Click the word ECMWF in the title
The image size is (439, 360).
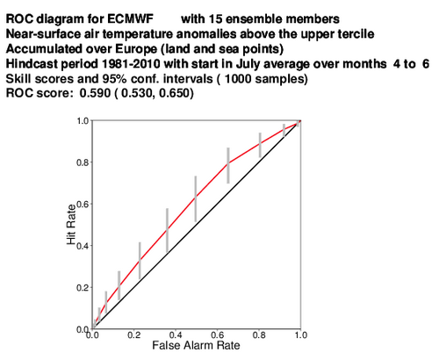coord(130,19)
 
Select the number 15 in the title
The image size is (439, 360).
coord(215,19)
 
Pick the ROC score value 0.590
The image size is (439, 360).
coord(95,93)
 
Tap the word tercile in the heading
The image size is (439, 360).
coord(356,34)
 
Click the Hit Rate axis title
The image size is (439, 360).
coord(71,225)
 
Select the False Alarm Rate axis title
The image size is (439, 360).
coord(196,345)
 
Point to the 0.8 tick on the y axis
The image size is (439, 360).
coord(83,162)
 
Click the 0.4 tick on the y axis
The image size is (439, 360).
coord(83,246)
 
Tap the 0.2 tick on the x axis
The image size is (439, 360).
coord(134,335)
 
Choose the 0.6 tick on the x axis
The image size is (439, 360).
coord(218,335)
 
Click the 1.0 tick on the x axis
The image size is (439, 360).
coord(301,335)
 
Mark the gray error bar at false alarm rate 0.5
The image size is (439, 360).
coord(196,199)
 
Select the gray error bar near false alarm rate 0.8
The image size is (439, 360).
coord(260,145)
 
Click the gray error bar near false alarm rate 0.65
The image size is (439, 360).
coord(228,166)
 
